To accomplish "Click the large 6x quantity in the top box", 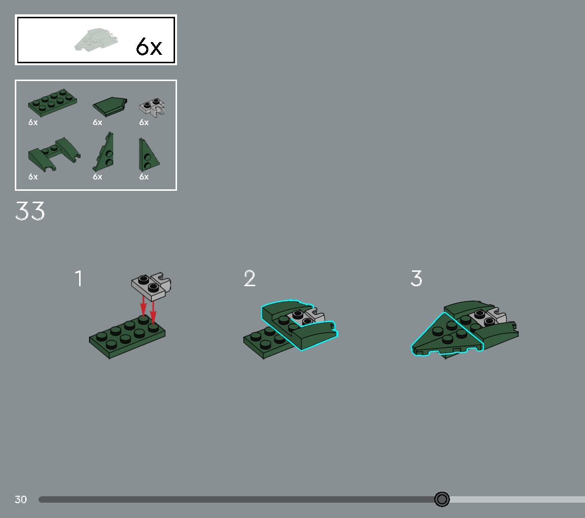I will [149, 47].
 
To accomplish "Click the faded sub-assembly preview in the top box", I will [96, 40].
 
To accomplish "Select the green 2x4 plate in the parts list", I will [52, 101].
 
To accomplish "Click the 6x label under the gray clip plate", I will [144, 123].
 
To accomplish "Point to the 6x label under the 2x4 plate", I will [33, 123].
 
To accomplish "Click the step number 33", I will [30, 212].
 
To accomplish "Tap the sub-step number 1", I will [79, 279].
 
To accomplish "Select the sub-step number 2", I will [250, 279].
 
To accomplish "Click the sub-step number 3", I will [416, 279].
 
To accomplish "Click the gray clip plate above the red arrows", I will [151, 286].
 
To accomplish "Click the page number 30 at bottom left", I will [21, 500].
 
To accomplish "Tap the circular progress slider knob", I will [442, 499].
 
